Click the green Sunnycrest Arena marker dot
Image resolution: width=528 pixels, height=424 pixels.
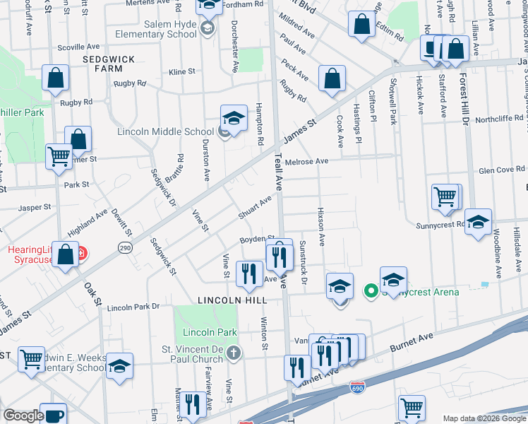click(x=369, y=290)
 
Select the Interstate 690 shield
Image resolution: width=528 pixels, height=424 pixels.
click(x=357, y=388)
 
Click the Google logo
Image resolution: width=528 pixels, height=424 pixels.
click(x=23, y=416)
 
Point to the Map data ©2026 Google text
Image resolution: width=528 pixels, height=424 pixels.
click(x=484, y=418)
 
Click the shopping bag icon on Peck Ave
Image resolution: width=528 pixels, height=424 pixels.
click(x=332, y=79)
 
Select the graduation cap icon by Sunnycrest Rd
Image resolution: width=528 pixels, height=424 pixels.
click(x=478, y=222)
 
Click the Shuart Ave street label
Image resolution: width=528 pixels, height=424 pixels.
click(x=254, y=208)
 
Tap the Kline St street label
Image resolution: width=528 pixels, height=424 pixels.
click(x=181, y=72)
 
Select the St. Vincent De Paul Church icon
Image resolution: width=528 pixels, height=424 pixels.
click(x=234, y=352)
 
